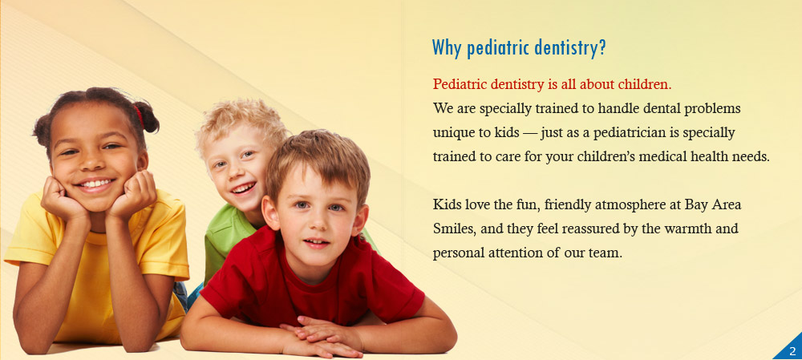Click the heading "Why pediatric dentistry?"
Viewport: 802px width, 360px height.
click(x=519, y=48)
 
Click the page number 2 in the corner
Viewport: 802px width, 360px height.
click(x=792, y=351)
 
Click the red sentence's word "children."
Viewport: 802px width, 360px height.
click(x=645, y=84)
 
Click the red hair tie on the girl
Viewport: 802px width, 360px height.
click(x=139, y=115)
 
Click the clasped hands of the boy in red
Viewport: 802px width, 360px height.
click(x=323, y=337)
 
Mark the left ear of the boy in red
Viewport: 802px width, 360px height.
click(x=271, y=212)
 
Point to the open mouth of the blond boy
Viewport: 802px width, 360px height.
click(x=244, y=188)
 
